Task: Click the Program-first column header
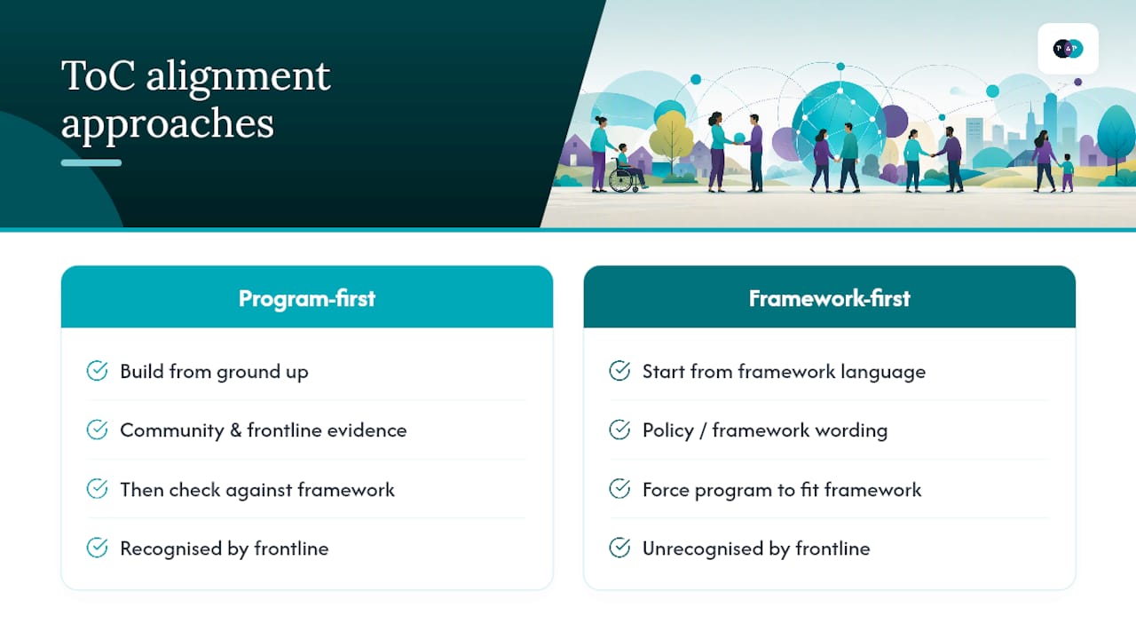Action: coord(307,297)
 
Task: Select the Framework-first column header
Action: coord(829,297)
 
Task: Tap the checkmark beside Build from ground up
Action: coord(97,371)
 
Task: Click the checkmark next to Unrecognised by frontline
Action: coord(619,548)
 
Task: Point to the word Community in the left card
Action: coord(171,430)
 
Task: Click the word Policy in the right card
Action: coord(668,430)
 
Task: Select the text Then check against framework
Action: coord(257,489)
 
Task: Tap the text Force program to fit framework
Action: coord(782,489)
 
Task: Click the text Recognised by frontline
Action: coord(225,548)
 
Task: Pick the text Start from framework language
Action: coord(784,372)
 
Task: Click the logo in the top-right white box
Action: coord(1068,48)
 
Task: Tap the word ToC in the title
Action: coord(99,76)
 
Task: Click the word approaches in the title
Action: coord(168,124)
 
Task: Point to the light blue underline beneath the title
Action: coord(91,162)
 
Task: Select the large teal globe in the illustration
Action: coord(838,125)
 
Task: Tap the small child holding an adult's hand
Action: coord(1067,173)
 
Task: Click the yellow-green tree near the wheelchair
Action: coord(671,137)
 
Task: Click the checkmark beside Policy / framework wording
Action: coord(619,430)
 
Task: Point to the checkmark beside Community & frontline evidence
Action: coord(97,430)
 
